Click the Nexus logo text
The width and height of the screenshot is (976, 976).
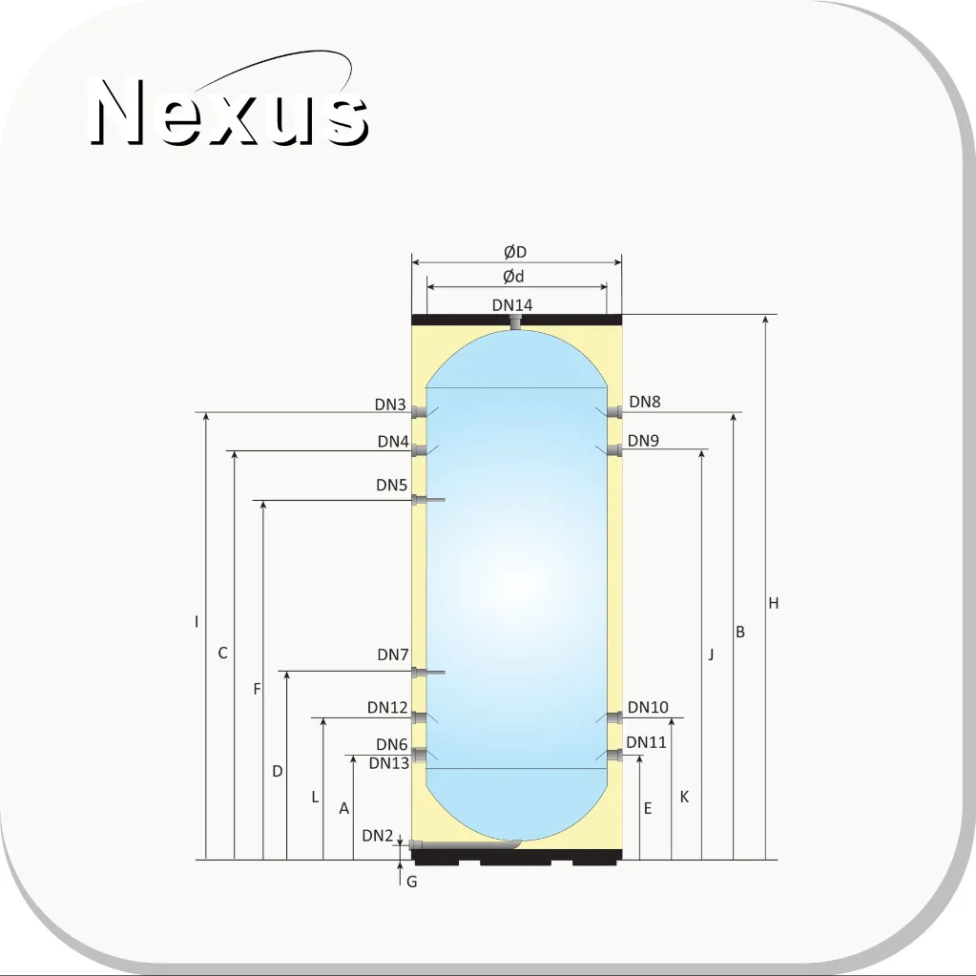coord(229,112)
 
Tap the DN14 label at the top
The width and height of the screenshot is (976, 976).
coord(512,305)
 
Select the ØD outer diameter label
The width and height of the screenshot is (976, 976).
coord(515,252)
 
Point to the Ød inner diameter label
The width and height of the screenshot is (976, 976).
coord(513,277)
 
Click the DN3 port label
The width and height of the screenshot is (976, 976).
coord(390,405)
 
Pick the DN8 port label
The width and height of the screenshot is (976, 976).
coord(645,402)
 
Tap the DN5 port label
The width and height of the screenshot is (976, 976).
coord(391,485)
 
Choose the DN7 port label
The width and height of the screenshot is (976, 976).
coord(393,654)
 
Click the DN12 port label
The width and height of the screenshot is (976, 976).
coord(387,708)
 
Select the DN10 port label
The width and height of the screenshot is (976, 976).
coord(648,708)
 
